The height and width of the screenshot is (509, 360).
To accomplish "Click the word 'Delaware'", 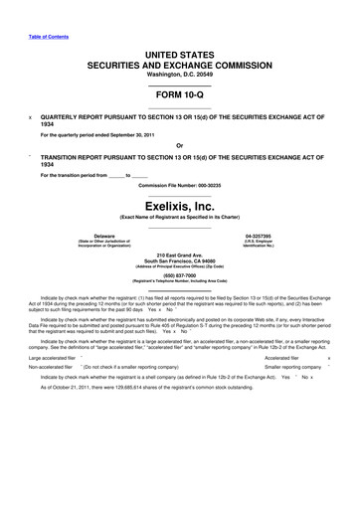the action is point(89,236).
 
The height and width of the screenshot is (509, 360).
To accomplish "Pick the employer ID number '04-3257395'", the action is point(271,236).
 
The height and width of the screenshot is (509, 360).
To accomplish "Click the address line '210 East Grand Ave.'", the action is point(179,256).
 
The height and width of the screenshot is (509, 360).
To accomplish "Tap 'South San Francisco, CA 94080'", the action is point(179,263).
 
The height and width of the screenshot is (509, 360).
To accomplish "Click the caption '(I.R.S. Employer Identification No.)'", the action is point(271,244).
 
